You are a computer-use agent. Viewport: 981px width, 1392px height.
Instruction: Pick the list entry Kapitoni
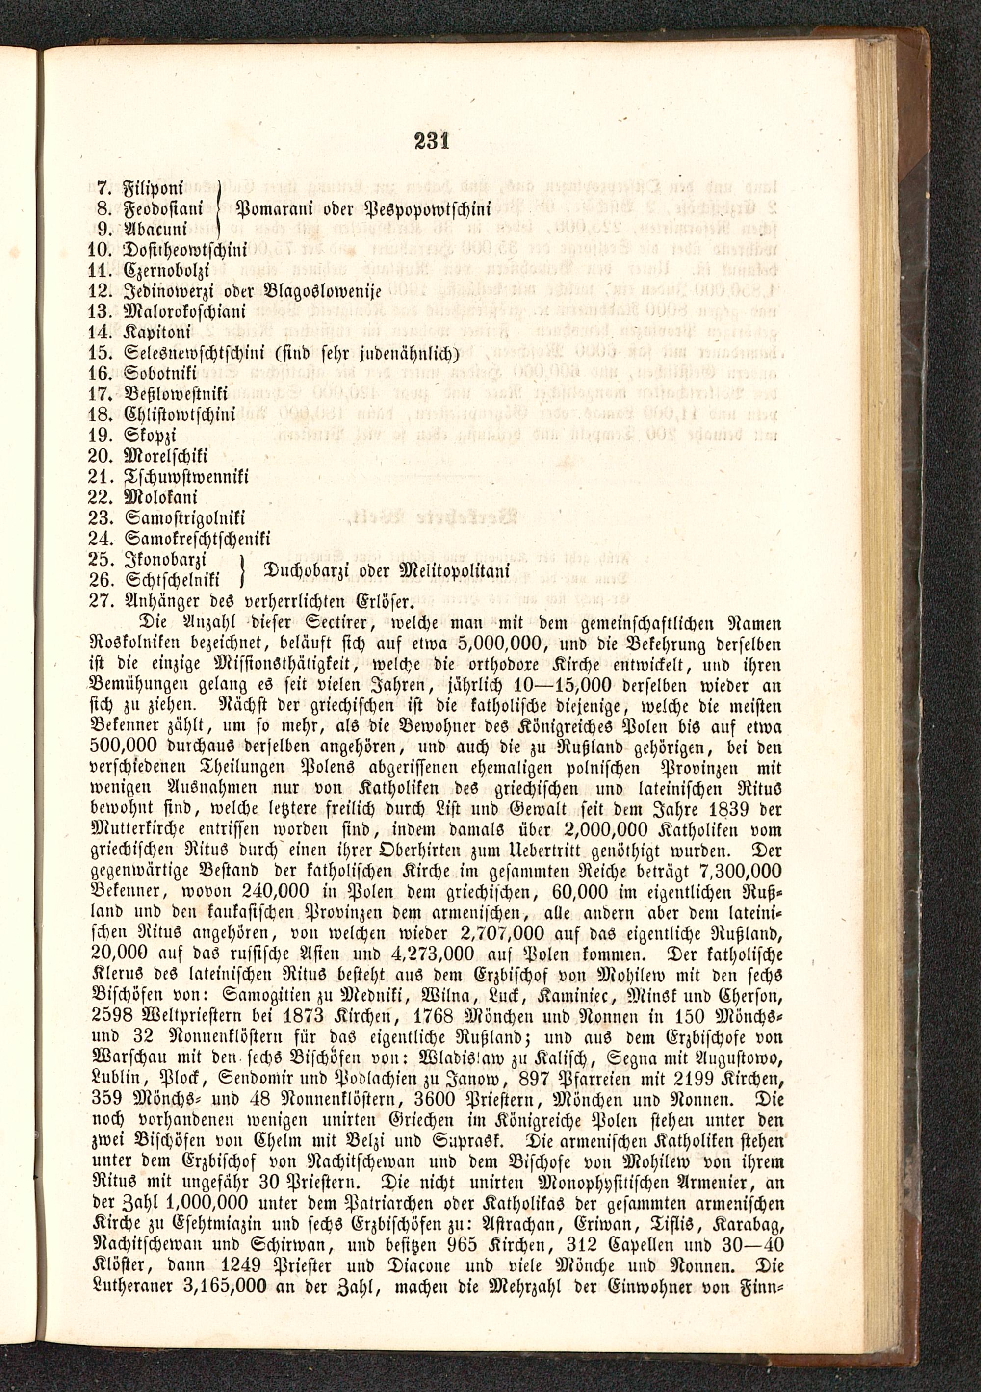click(157, 332)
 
